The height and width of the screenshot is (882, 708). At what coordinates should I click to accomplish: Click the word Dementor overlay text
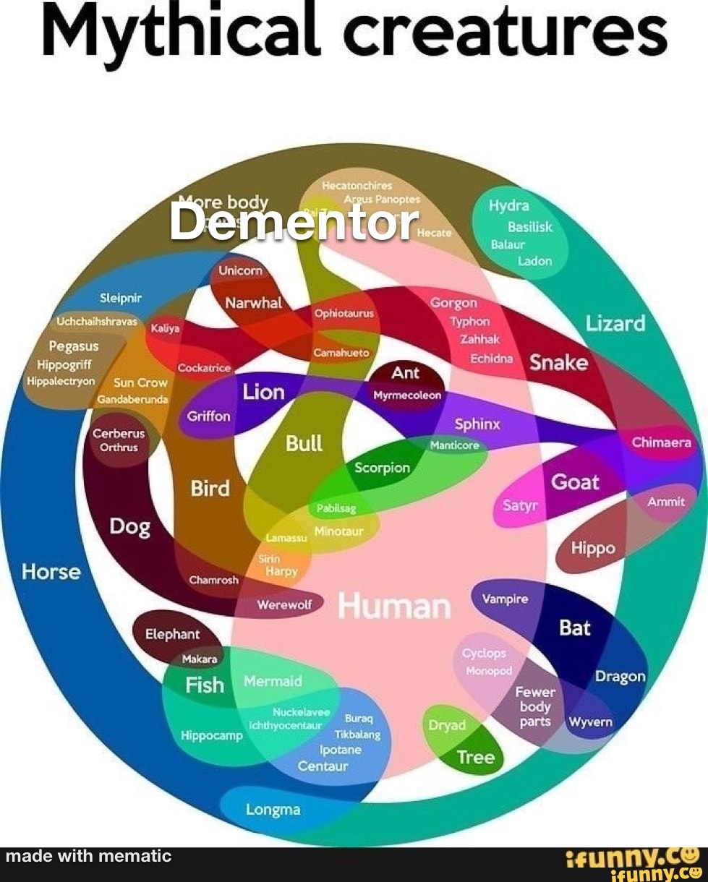tap(294, 222)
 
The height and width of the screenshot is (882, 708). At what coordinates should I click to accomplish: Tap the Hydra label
tap(508, 206)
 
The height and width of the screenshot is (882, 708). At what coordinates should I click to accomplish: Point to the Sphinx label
tap(477, 424)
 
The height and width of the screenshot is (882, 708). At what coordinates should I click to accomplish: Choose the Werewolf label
tap(285, 605)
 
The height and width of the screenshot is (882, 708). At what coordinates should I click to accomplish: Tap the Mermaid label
tap(273, 681)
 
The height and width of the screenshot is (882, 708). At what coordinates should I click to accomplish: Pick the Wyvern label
tap(591, 722)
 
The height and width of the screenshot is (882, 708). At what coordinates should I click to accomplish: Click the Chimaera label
tap(662, 442)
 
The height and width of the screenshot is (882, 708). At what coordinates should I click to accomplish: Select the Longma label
tap(273, 809)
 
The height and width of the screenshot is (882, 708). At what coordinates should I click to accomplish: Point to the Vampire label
tap(505, 599)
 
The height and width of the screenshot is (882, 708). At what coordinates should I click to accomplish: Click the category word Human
tap(394, 607)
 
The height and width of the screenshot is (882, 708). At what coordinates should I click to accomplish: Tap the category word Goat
tap(576, 481)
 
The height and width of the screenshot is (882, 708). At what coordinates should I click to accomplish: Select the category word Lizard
tap(615, 323)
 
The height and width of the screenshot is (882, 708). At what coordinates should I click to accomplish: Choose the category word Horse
tap(51, 572)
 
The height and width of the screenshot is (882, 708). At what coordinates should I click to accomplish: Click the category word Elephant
tap(172, 634)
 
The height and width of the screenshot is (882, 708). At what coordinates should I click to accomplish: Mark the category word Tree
tap(476, 758)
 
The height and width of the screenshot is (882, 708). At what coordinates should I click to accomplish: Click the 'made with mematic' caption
tap(88, 857)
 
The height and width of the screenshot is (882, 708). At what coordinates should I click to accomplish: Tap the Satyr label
tap(521, 505)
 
